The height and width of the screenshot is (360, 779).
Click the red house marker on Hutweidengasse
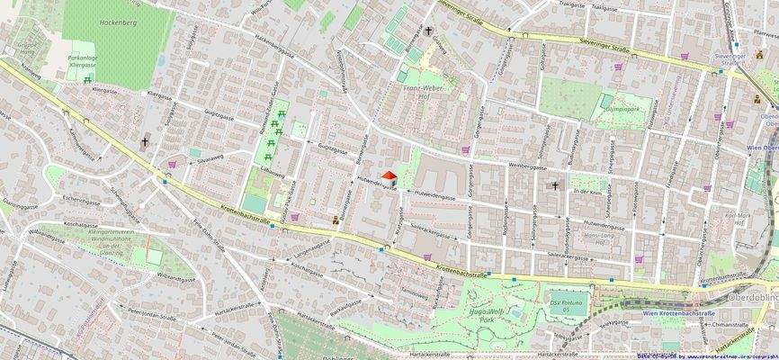pos(389,177)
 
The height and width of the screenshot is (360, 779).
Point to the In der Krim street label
pos(586,192)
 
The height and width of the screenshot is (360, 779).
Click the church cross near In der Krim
pos(555,186)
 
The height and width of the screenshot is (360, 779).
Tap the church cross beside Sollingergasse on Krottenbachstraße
pos(145,142)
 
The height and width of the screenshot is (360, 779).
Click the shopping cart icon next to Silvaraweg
pos(172,165)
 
